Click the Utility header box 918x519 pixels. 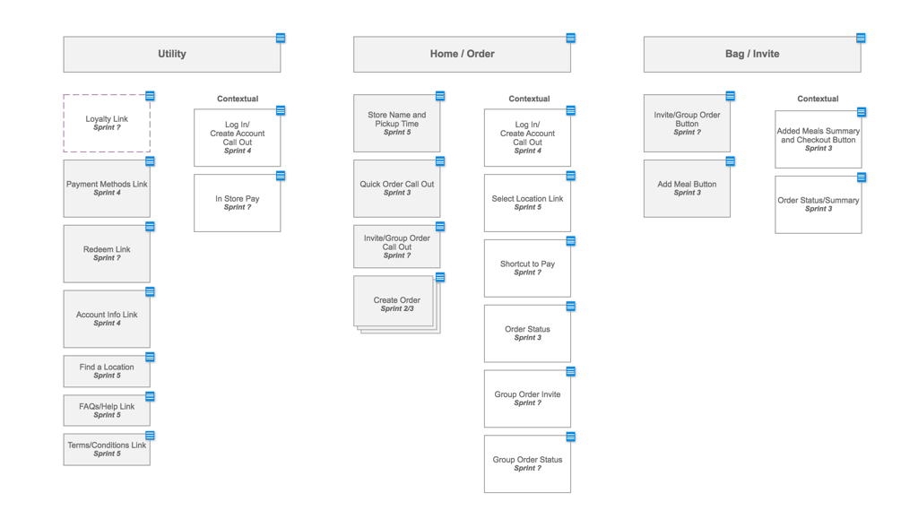(x=171, y=55)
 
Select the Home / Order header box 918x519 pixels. (x=462, y=55)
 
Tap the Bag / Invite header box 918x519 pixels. (x=751, y=55)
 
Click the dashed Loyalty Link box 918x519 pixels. (x=107, y=124)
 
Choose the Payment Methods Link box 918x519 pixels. (x=107, y=188)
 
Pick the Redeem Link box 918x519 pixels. (x=107, y=254)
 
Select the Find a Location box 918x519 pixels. (x=107, y=371)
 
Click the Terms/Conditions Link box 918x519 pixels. (x=107, y=449)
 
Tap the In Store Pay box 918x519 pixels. (x=237, y=203)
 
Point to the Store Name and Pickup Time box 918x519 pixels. (x=396, y=124)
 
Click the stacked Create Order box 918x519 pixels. (x=395, y=303)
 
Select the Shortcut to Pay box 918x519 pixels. (x=527, y=268)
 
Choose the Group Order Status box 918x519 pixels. (x=527, y=463)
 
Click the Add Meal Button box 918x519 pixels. (x=687, y=188)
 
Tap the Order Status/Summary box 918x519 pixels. (x=818, y=204)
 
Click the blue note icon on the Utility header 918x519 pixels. (x=281, y=39)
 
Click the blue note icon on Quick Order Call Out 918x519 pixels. (x=440, y=161)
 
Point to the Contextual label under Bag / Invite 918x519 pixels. (x=818, y=99)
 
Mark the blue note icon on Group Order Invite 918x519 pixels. (x=570, y=371)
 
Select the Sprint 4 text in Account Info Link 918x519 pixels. (x=107, y=324)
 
